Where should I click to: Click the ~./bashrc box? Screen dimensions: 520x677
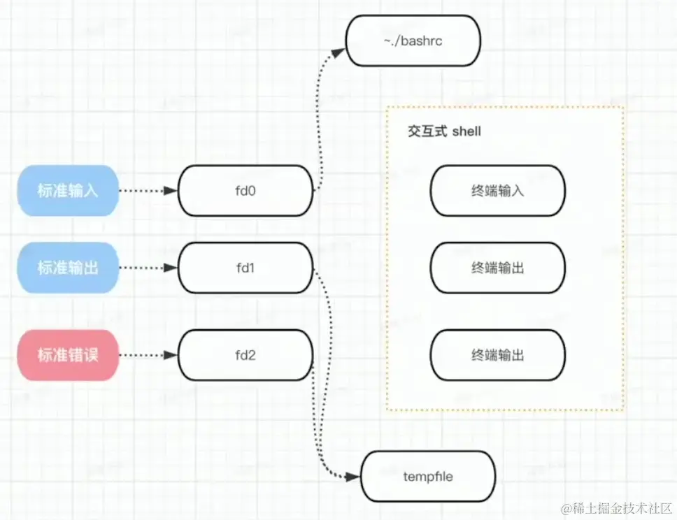point(413,41)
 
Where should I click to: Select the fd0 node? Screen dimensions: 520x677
point(245,191)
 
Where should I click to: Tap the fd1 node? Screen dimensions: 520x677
point(245,268)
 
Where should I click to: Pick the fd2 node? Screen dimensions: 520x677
point(245,355)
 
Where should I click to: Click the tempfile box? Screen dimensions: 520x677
point(427,477)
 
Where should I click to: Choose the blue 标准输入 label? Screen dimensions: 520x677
point(68,191)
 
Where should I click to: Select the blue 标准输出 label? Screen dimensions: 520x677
point(68,268)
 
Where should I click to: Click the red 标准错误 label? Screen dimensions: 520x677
point(68,355)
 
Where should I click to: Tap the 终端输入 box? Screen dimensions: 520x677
point(497,191)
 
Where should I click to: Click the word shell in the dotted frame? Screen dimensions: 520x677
point(466,131)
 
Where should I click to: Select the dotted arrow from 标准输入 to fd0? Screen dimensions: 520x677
point(147,191)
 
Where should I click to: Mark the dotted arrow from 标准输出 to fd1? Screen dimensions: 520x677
point(147,268)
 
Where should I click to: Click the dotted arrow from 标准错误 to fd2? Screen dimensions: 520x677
point(147,355)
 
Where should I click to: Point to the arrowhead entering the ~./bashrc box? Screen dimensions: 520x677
point(339,51)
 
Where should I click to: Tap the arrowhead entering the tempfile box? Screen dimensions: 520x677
point(353,477)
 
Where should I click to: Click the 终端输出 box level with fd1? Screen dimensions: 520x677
point(497,268)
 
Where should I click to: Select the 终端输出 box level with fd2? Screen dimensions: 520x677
point(497,355)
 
